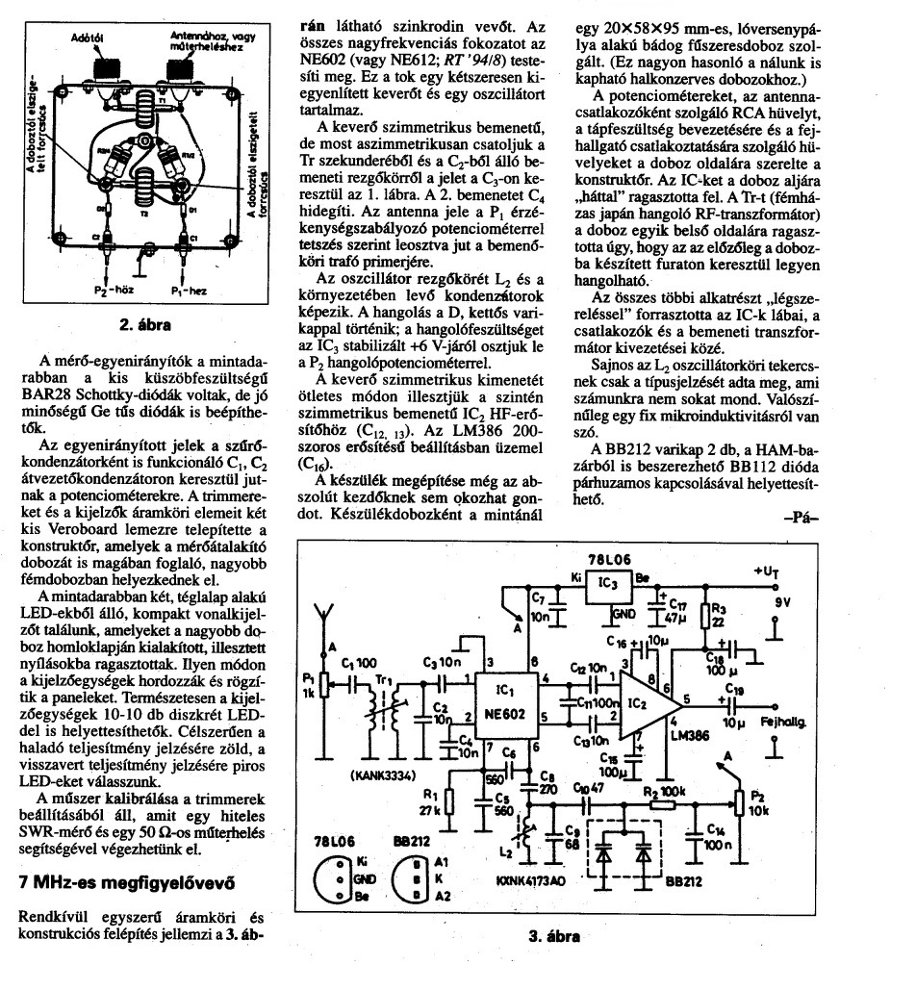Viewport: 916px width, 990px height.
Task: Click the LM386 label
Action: (x=686, y=734)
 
